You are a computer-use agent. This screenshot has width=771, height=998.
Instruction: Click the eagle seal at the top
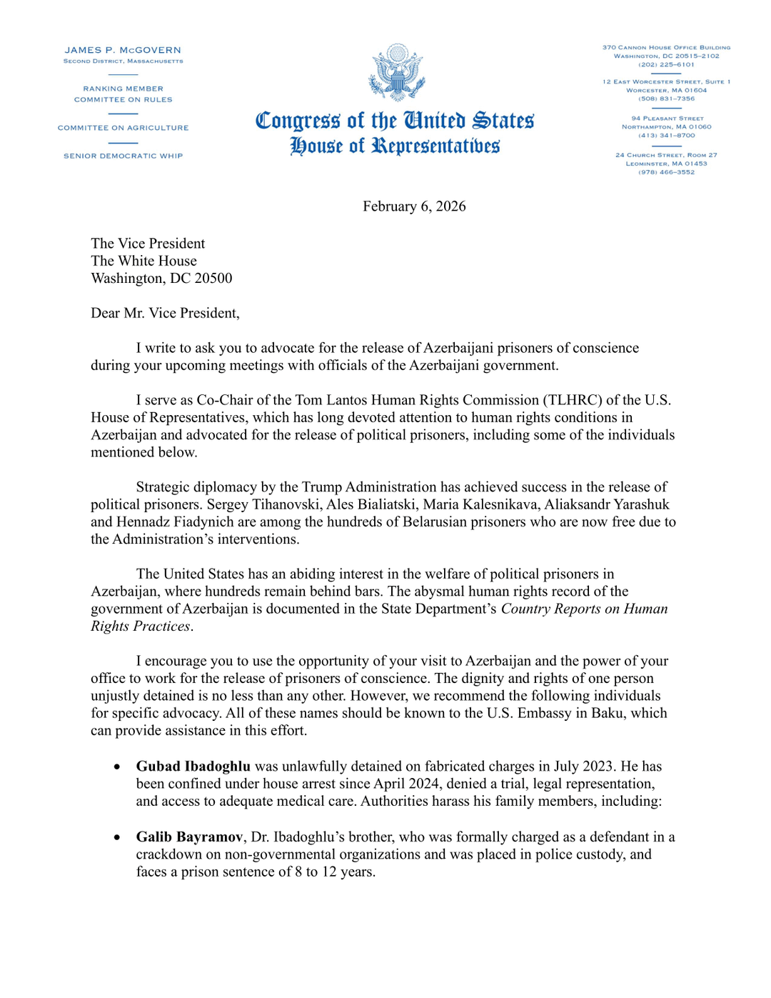point(397,72)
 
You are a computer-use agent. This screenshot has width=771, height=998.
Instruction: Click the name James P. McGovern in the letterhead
point(123,50)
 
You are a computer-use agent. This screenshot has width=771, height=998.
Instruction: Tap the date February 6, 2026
point(414,206)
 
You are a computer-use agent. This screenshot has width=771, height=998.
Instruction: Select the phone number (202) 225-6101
point(666,64)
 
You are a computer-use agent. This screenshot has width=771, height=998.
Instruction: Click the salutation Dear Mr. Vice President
point(165,313)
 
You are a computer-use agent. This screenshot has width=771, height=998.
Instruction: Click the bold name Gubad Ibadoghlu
point(193,766)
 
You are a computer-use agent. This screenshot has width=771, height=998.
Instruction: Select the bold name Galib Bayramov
point(189,837)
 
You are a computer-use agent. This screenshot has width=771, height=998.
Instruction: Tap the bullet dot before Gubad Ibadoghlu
point(116,767)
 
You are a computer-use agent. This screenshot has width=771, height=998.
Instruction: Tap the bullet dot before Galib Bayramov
point(116,837)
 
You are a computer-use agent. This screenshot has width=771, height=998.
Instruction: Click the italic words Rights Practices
point(141,626)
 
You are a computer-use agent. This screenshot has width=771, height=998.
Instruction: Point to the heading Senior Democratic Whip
point(123,156)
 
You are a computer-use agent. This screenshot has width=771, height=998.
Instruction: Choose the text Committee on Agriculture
point(123,128)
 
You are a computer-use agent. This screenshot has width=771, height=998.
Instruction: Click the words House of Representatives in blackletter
point(395,146)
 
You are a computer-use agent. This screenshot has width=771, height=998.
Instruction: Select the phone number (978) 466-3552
point(666,172)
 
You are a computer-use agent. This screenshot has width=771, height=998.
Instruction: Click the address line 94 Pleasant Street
point(667,119)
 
